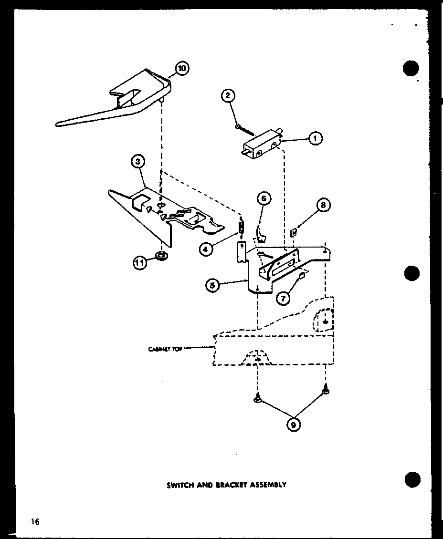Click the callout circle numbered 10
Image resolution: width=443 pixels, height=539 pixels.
tap(181, 69)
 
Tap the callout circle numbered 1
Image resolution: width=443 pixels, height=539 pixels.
tap(315, 138)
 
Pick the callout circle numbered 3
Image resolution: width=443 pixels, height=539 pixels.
tap(137, 162)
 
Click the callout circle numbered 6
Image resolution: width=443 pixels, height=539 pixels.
tap(264, 198)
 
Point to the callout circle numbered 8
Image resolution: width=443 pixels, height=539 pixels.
tap(323, 205)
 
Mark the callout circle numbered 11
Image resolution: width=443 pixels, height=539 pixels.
tap(140, 263)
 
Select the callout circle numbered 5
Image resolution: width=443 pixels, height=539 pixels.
tap(213, 286)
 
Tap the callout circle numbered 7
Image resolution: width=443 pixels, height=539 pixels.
tap(284, 299)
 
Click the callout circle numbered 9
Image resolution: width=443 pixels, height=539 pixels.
tap(295, 424)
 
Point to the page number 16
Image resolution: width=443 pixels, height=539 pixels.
tap(35, 521)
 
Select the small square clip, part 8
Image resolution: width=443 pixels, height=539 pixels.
tap(294, 232)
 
